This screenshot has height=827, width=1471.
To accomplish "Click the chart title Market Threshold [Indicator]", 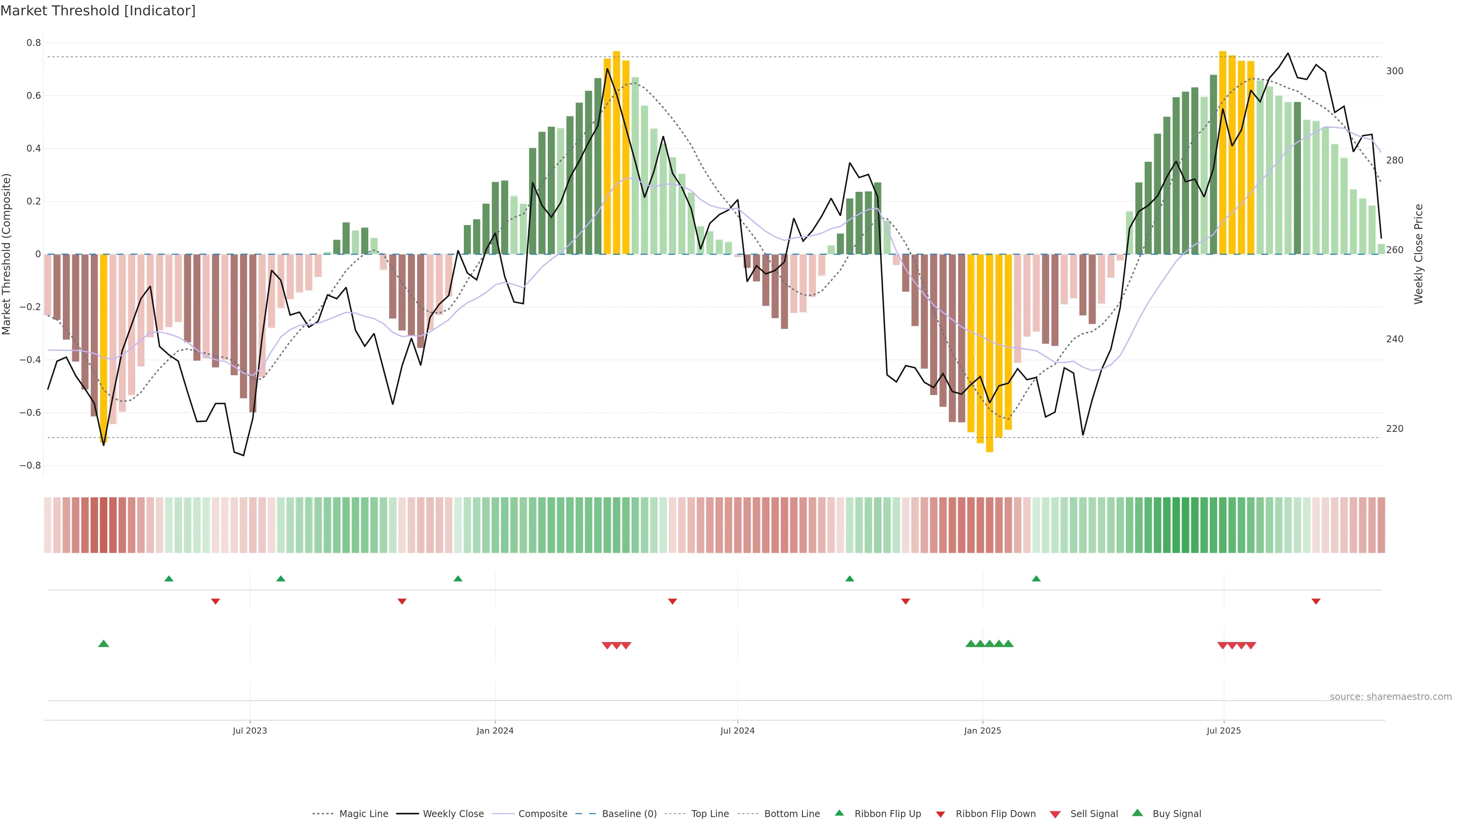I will tap(98, 11).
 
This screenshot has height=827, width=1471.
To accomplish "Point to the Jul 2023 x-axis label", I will tap(249, 731).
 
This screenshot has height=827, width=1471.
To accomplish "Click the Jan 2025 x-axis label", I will tap(982, 731).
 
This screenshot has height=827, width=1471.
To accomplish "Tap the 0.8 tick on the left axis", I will tap(34, 43).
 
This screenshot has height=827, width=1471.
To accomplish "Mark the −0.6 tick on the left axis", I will tap(30, 413).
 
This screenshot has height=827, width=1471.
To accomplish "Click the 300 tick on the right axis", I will tap(1394, 71).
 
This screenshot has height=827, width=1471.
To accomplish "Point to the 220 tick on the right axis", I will tap(1394, 429).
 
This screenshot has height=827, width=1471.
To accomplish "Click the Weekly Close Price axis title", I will tap(1419, 254).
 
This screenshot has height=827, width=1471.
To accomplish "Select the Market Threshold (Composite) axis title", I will tap(7, 254).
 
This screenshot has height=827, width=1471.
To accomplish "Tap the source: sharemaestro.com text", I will tap(1391, 697).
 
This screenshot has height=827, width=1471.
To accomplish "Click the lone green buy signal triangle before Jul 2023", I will tap(103, 644).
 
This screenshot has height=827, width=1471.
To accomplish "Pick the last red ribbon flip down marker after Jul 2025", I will tap(1316, 601).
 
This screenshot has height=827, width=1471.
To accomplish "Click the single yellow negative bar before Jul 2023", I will tap(103, 348).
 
